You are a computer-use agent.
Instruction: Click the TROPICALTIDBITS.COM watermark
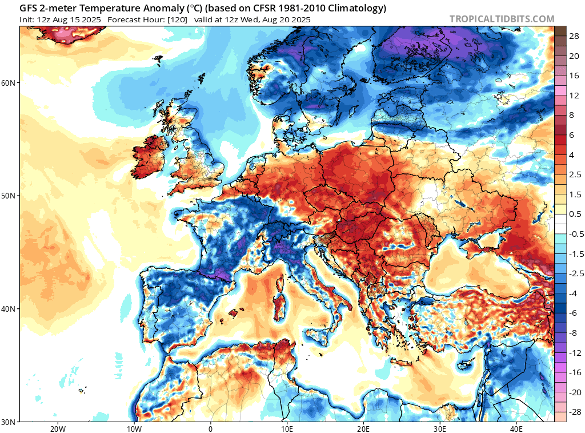click(x=502, y=19)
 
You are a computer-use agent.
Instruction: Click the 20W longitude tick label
click(x=57, y=428)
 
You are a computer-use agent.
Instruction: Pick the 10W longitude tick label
click(x=134, y=428)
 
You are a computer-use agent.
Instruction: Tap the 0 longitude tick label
click(x=210, y=428)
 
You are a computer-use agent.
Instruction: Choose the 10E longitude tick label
click(x=287, y=428)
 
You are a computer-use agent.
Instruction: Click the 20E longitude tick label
click(x=363, y=428)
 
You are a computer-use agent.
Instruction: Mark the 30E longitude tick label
click(x=440, y=428)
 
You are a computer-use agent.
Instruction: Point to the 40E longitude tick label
click(x=516, y=428)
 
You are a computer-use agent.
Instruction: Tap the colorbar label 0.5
click(x=574, y=214)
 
